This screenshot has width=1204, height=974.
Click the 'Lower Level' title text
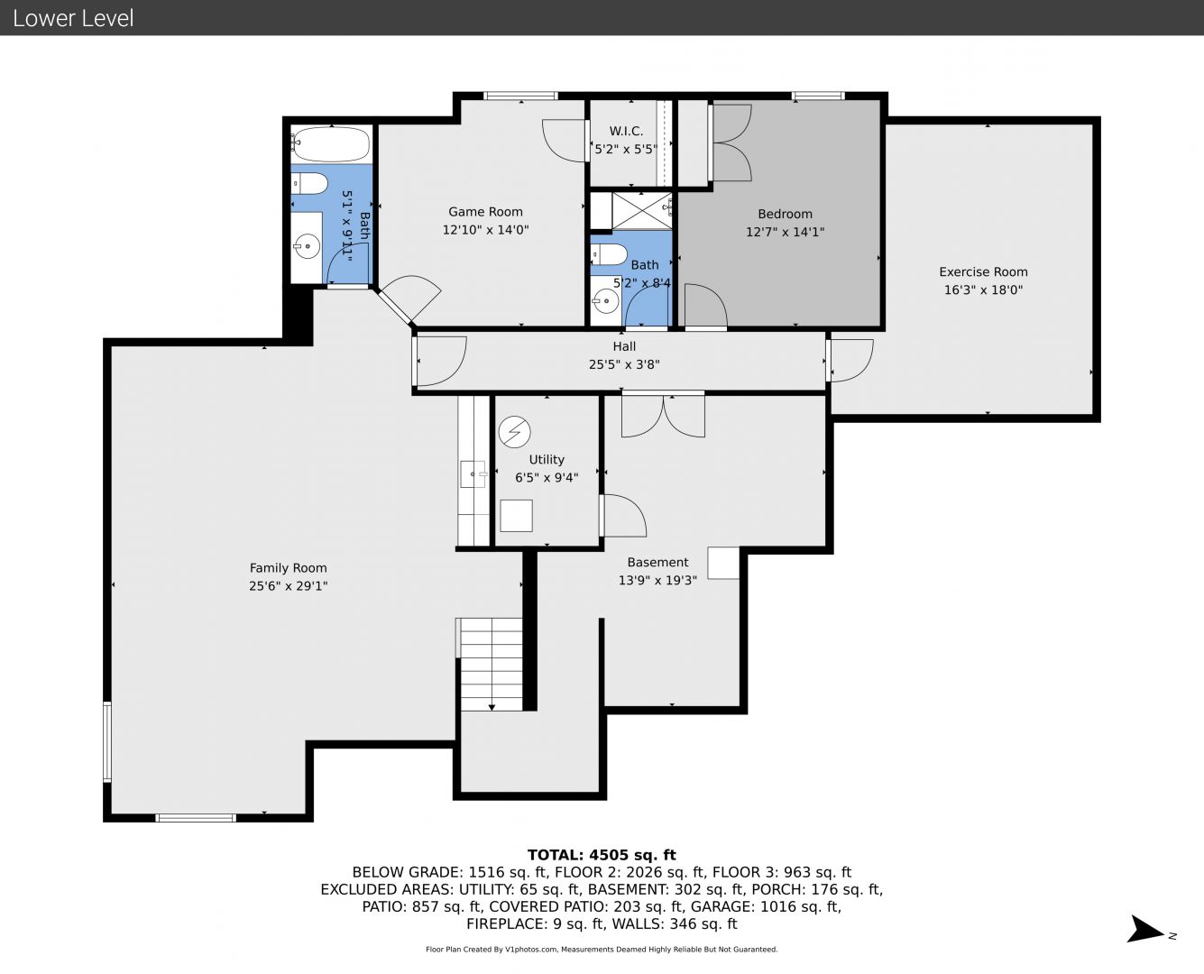73,18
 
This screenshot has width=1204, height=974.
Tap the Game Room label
485,212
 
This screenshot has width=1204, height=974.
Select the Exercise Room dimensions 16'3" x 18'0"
984,290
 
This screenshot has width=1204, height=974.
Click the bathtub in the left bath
331,143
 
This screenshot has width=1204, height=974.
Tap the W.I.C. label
626,131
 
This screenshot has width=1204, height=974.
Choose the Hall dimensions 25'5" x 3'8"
624,364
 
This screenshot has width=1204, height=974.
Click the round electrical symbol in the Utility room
514,433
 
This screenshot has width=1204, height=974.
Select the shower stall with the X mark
642,211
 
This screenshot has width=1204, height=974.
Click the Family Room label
289,568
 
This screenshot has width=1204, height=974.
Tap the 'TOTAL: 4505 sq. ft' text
602,855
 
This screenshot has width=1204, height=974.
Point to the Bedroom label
786,215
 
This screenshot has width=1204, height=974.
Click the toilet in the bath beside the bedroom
609,255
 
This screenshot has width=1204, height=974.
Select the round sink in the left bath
307,246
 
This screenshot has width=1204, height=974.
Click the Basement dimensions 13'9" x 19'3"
657,581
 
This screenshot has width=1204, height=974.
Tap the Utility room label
547,460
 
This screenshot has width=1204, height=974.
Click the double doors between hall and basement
663,416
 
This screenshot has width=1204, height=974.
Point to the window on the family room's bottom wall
196,818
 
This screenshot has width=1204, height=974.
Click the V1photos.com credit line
602,949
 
